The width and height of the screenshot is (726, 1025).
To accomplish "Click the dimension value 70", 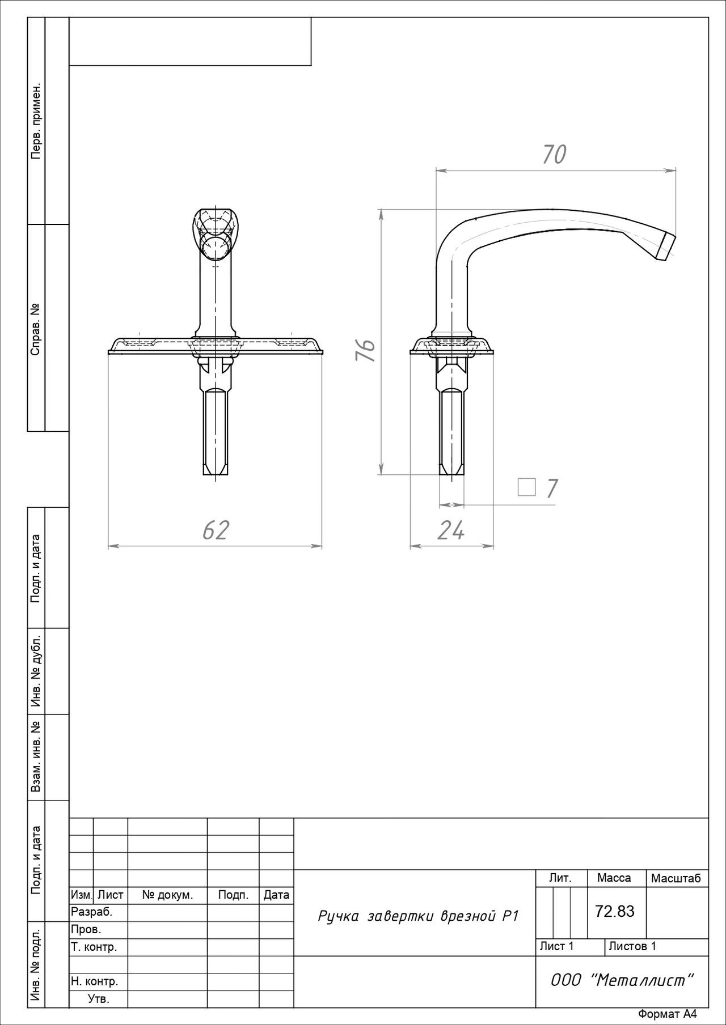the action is pos(554,155).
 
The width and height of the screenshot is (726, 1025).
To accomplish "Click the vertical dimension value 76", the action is pos(366,351).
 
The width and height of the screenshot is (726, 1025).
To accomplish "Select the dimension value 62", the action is pos(216,530).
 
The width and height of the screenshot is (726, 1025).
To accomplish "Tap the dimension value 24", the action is pos(451,530).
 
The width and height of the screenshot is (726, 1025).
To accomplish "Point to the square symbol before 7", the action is pos(527,487).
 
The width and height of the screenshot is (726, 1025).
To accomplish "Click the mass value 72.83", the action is pos(615,911).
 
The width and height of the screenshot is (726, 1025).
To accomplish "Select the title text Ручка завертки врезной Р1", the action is pos(419,916).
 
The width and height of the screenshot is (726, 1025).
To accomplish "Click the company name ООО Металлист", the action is pos(622,980).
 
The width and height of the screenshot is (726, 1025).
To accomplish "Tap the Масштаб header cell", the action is pos(676,878).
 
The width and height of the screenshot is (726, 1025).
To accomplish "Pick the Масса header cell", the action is pos(614,878).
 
